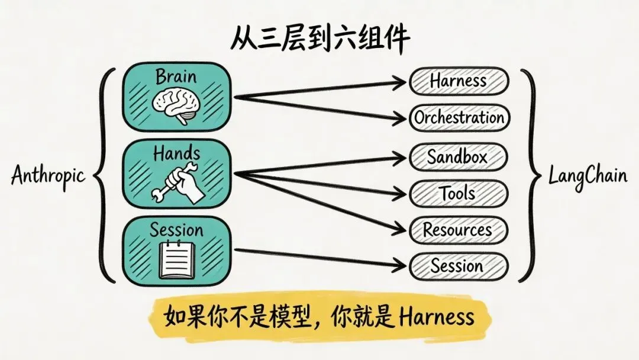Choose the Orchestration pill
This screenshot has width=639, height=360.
tap(459, 118)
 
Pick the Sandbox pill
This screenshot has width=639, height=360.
tap(459, 157)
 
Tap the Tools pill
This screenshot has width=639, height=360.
tap(459, 193)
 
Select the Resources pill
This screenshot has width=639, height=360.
tap(459, 230)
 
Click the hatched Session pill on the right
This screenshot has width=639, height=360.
tap(459, 266)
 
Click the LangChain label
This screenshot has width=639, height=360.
tap(588, 176)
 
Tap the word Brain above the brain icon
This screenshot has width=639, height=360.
tap(176, 77)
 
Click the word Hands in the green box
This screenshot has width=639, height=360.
tap(176, 154)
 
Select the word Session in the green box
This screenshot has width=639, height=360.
tap(176, 230)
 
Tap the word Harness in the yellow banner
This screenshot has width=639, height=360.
tap(437, 318)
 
